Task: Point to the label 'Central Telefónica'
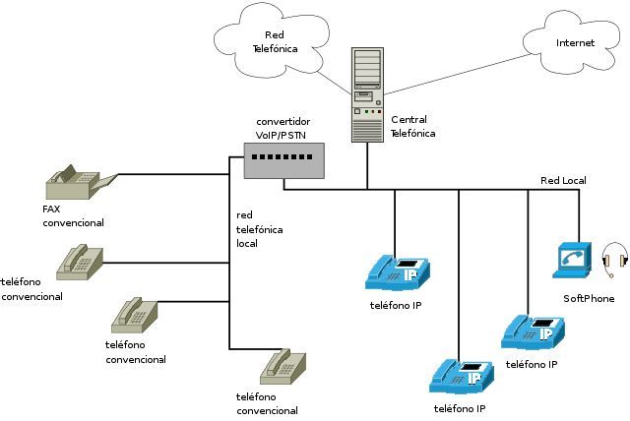412,126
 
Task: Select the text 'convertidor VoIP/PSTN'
283,129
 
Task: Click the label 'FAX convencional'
73,216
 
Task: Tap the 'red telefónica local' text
260,228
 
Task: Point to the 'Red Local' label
564,181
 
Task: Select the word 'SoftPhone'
589,298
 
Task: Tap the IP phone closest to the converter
399,272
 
